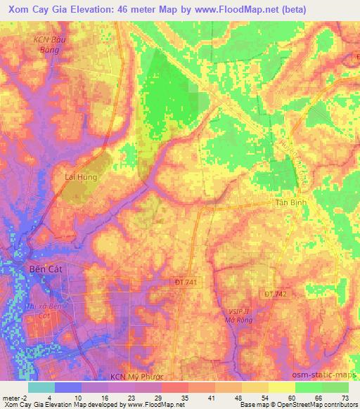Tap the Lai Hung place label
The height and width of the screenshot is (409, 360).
click(80, 178)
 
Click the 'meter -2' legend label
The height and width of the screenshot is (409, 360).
click(12, 398)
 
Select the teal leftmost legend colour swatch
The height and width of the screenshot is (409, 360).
click(41, 387)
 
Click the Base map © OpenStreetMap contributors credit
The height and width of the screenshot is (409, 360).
click(308, 405)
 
